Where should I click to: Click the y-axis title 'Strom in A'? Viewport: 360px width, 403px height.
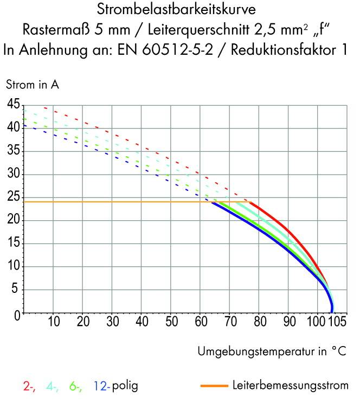coord(32,85)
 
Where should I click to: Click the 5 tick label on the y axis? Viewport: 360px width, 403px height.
coord(16,290)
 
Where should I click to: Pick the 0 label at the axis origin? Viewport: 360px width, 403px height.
coord(16,314)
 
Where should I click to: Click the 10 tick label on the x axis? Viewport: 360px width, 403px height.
coord(54,322)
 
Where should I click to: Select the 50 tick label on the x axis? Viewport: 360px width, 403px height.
coord(170,322)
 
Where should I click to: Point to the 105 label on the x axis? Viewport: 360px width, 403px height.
coord(337,322)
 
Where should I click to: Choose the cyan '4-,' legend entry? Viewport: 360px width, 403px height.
coord(53,387)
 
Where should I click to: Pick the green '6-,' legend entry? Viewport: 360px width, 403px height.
coord(75,387)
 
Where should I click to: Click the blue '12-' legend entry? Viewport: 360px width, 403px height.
coord(101,387)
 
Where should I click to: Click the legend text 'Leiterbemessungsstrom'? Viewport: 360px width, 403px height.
coord(290,386)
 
